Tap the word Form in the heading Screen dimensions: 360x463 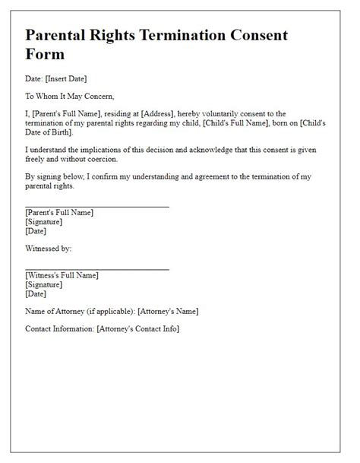coord(46,55)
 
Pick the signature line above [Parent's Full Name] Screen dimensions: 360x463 coord(96,205)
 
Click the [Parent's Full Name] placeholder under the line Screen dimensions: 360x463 coord(59,212)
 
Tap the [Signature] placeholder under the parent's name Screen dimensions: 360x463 coord(44,221)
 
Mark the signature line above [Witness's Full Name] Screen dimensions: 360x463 coord(96,268)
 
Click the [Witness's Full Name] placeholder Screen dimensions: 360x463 coord(62,275)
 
